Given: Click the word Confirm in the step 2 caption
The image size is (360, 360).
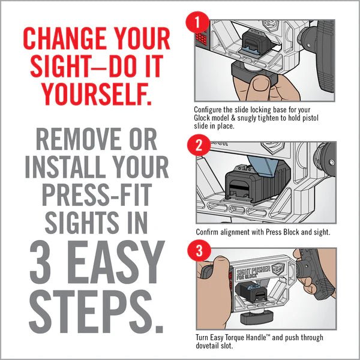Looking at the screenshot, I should click(207, 231).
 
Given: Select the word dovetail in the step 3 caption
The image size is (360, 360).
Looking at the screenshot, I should click(209, 346).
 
